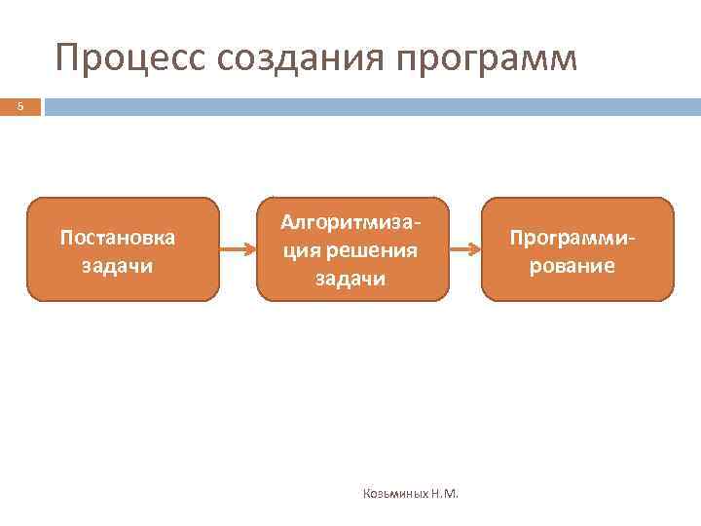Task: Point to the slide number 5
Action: click(19, 106)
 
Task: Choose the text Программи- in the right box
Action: click(576, 237)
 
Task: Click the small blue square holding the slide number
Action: click(19, 106)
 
